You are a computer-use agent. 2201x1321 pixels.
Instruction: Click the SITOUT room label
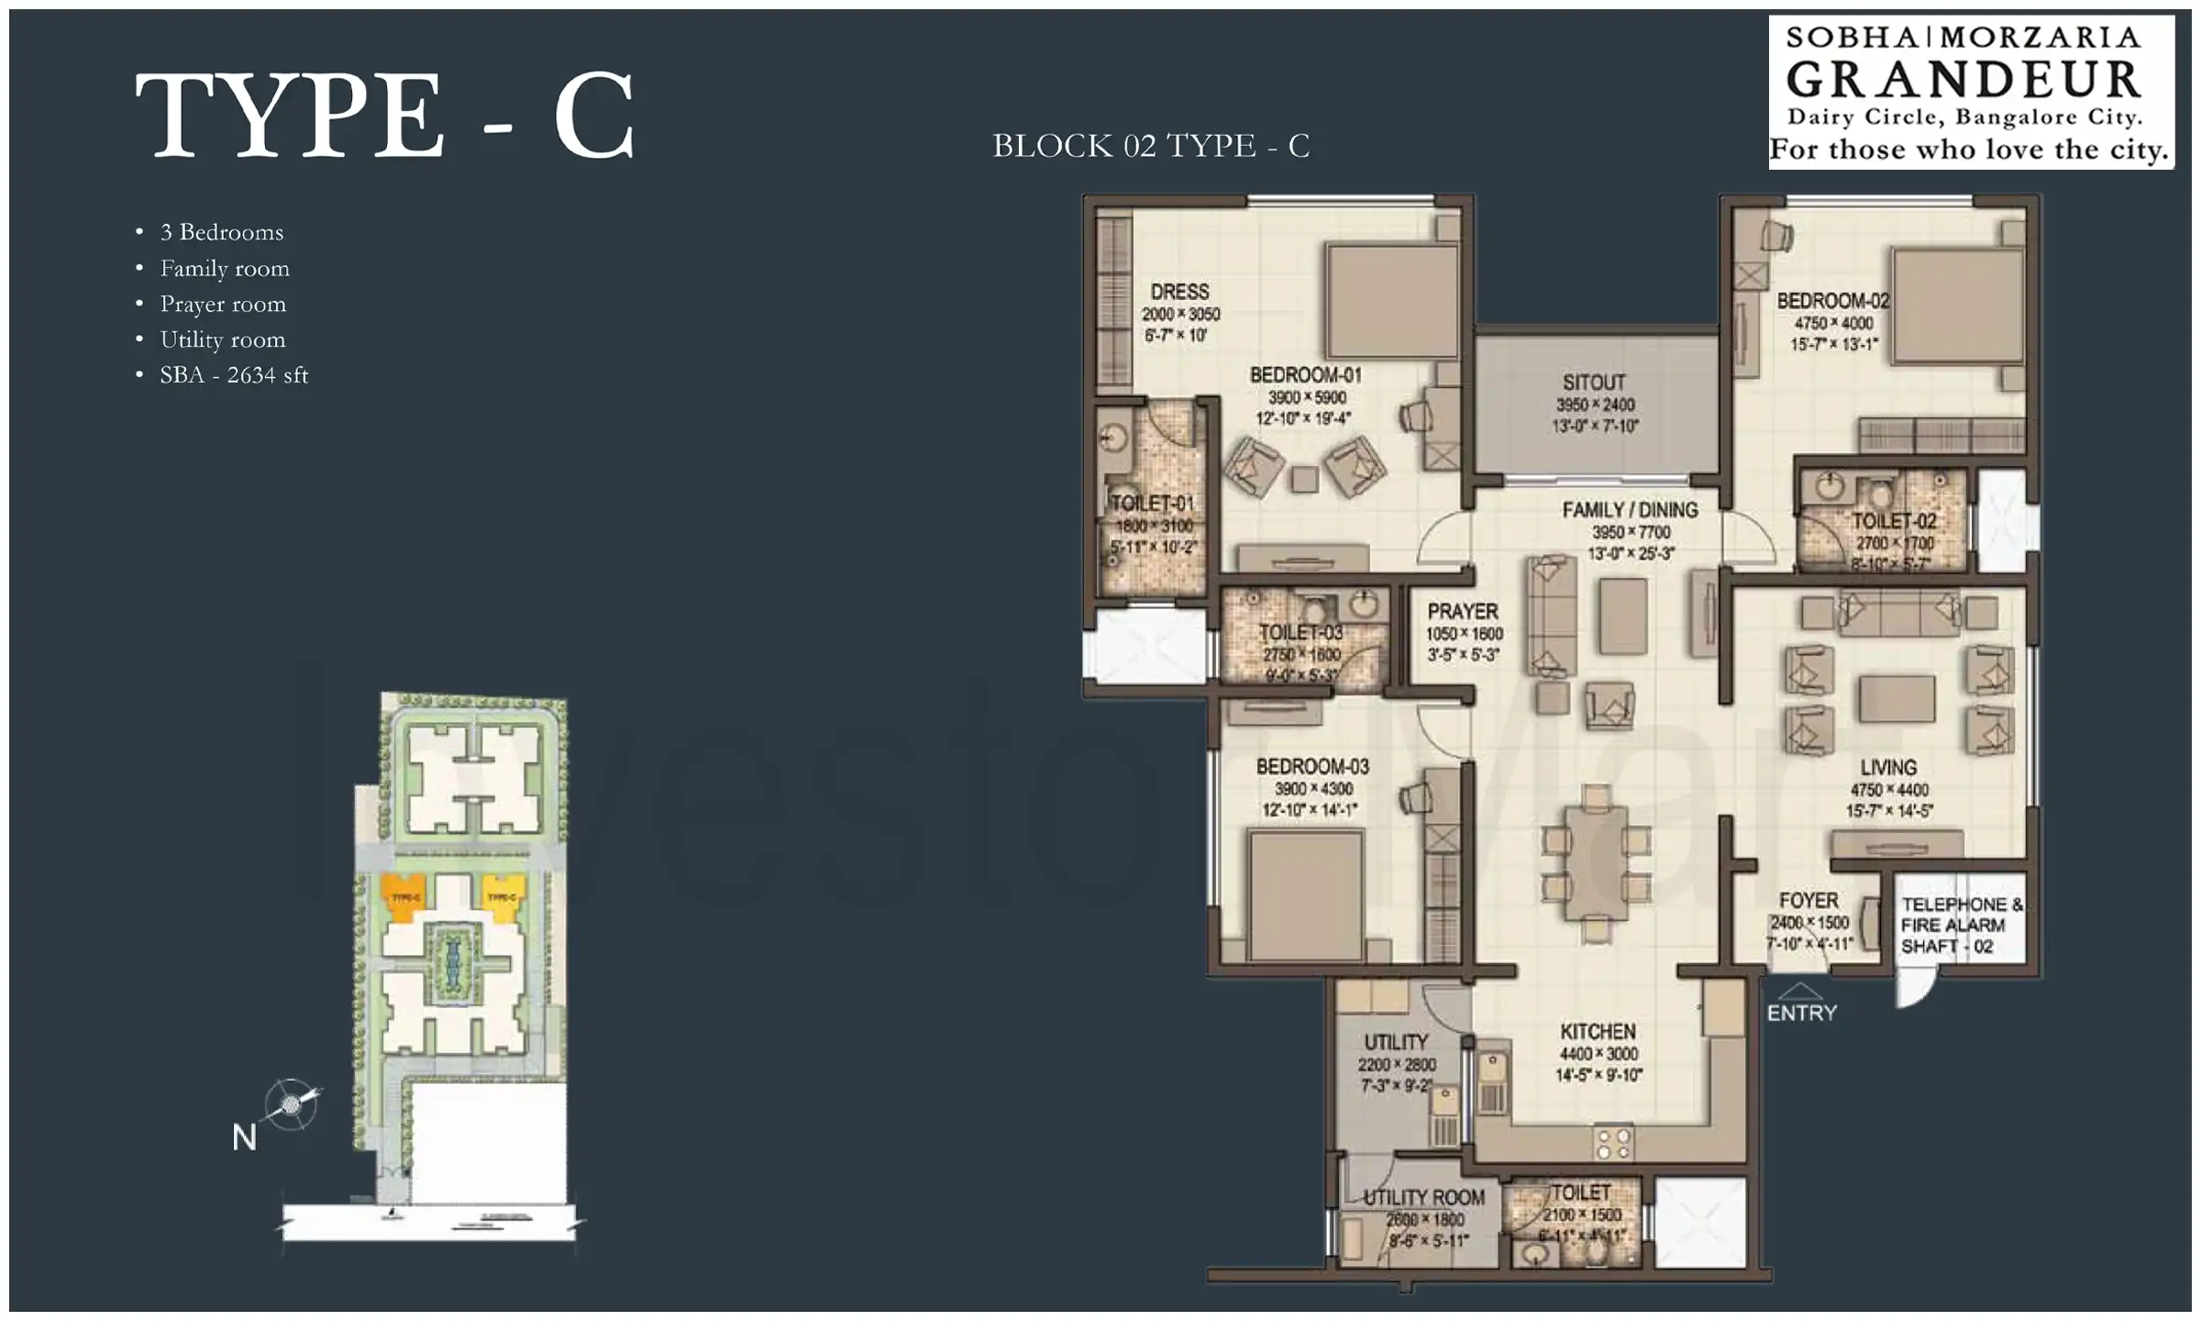coord(1594,383)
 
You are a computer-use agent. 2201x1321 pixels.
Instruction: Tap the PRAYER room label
coord(1463,611)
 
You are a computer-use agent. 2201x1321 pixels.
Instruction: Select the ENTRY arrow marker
coord(1801,992)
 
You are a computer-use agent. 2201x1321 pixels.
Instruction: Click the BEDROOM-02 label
coord(1832,301)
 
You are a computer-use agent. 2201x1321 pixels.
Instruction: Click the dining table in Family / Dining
coord(1597,863)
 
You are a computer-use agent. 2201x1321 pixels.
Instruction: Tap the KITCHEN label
coord(1598,1031)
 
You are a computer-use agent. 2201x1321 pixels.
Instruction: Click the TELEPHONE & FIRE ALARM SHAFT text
coord(1961,925)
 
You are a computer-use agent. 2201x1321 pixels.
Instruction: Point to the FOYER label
coord(1808,901)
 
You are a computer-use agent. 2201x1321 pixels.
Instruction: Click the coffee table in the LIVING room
coord(1896,698)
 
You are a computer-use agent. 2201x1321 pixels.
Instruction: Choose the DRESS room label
coord(1179,292)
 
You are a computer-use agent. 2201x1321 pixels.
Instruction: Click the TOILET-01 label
coord(1152,503)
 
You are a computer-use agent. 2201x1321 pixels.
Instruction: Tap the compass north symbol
coord(292,1103)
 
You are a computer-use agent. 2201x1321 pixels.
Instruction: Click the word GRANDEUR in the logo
coord(1963,80)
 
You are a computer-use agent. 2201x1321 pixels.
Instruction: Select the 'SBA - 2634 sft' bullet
coord(234,375)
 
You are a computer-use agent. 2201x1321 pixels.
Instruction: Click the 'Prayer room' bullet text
coord(223,304)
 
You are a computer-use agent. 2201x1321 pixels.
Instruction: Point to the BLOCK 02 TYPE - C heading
coord(1151,146)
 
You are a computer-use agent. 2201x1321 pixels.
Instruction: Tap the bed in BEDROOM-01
coord(1391,301)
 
